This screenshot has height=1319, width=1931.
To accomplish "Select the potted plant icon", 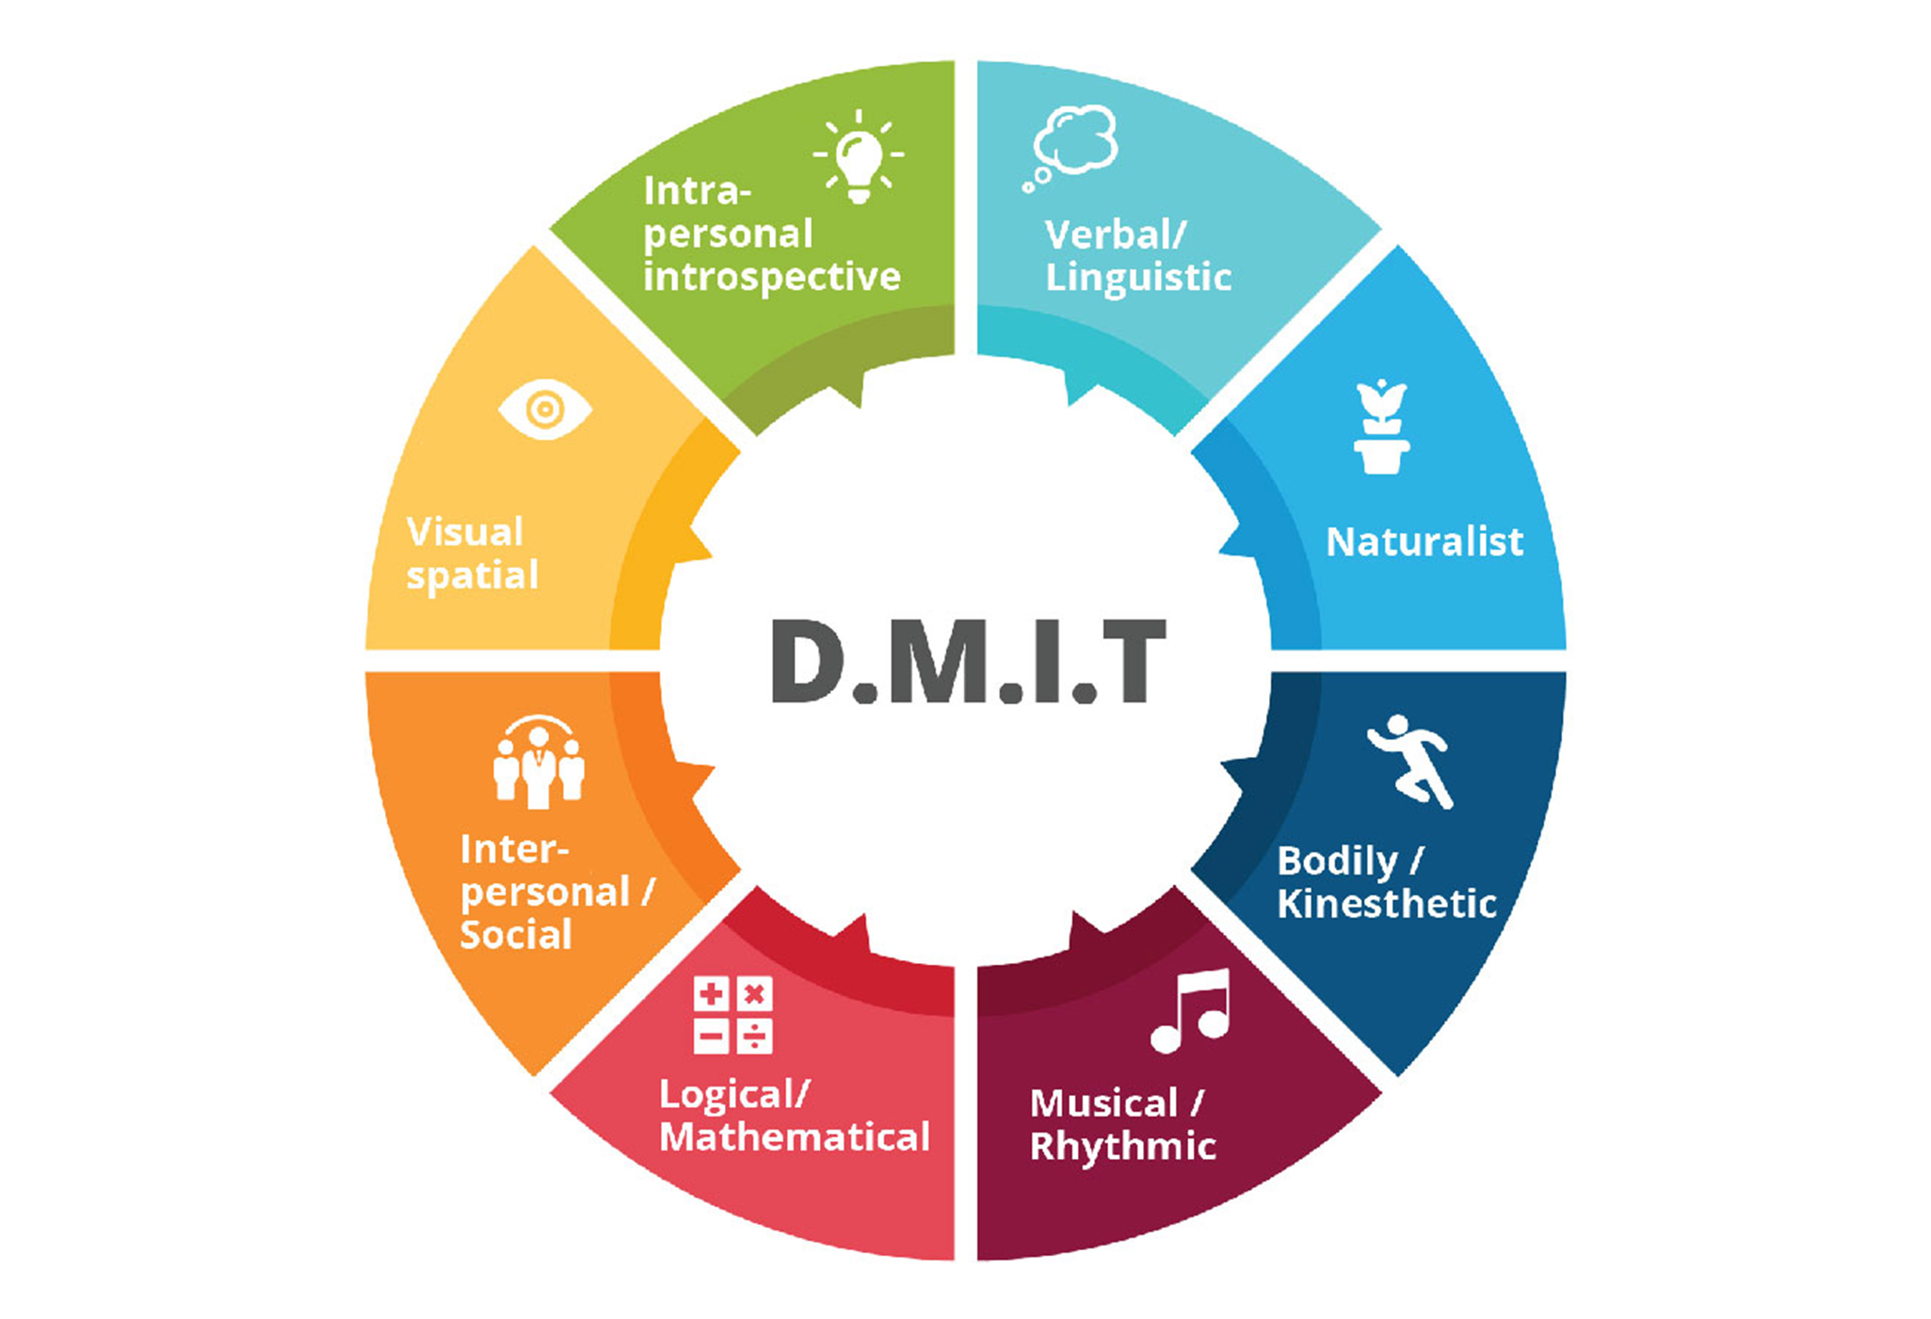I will click(x=1381, y=427).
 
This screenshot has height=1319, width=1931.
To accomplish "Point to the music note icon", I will click(x=1192, y=1010).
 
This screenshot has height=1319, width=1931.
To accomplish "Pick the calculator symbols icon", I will click(x=732, y=1015).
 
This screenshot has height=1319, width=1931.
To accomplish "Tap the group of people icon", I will click(x=539, y=763).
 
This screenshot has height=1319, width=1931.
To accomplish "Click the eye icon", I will click(x=545, y=410).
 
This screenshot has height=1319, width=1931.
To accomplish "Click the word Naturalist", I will click(x=1424, y=542).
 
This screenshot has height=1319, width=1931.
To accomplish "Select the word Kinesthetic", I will click(x=1387, y=904).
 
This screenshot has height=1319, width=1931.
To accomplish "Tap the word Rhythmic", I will click(x=1123, y=1147).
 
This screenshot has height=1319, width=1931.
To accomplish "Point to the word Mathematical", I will click(x=795, y=1137).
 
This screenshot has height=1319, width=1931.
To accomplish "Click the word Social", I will click(x=516, y=935).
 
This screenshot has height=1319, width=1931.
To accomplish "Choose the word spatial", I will click(x=473, y=575).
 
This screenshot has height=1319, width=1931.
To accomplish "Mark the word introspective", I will click(x=772, y=277).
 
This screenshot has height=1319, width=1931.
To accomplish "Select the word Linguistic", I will click(x=1138, y=278).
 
